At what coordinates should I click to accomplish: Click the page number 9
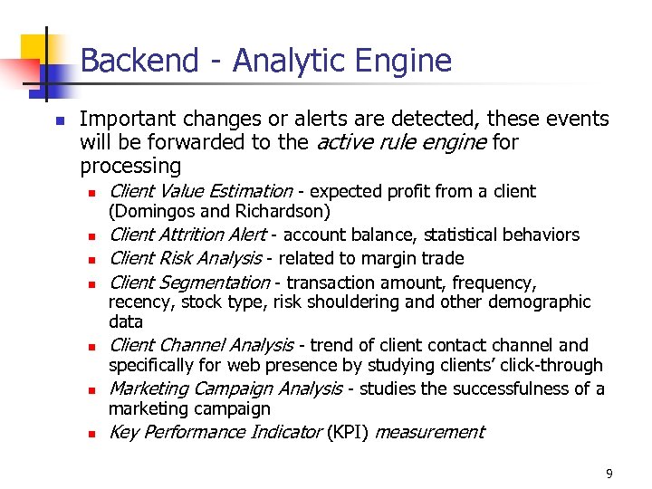tap(609, 473)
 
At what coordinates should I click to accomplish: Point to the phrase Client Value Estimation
tap(200, 191)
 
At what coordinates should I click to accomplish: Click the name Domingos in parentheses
tap(154, 212)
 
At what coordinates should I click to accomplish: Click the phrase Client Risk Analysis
tap(185, 258)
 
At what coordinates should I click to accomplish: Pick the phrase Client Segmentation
tap(189, 283)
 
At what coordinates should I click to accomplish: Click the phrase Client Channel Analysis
tap(201, 345)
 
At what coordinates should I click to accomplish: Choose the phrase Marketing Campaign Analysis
tap(225, 388)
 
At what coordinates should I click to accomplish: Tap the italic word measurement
tap(429, 432)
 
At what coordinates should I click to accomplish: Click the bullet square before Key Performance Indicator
tap(91, 434)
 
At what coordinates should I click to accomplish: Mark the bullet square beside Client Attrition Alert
tap(91, 236)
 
